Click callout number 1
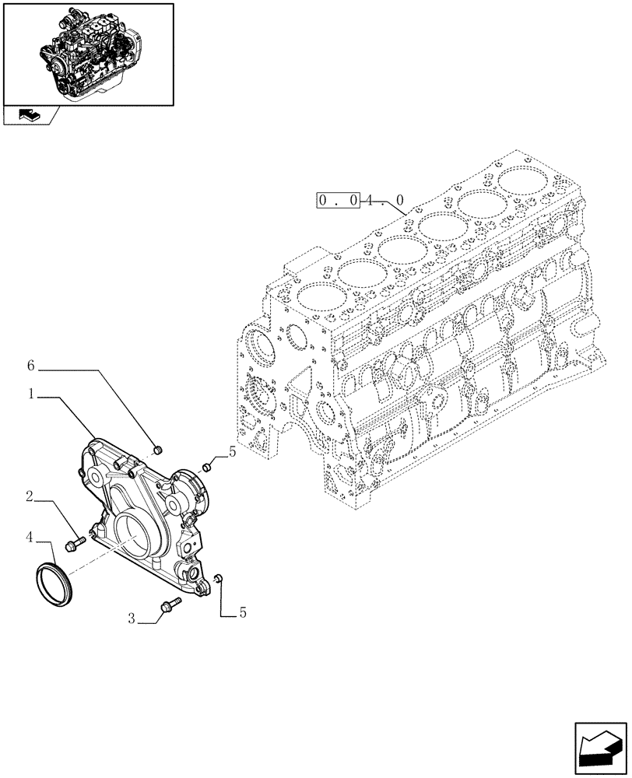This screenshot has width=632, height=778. (x=31, y=395)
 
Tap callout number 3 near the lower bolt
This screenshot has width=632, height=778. (x=132, y=619)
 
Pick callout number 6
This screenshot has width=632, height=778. (x=31, y=366)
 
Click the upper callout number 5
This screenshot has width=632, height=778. (x=231, y=450)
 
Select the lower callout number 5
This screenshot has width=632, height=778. (x=242, y=613)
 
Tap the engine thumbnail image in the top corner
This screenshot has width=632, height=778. (x=87, y=53)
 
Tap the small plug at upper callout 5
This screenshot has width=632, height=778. (x=207, y=467)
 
